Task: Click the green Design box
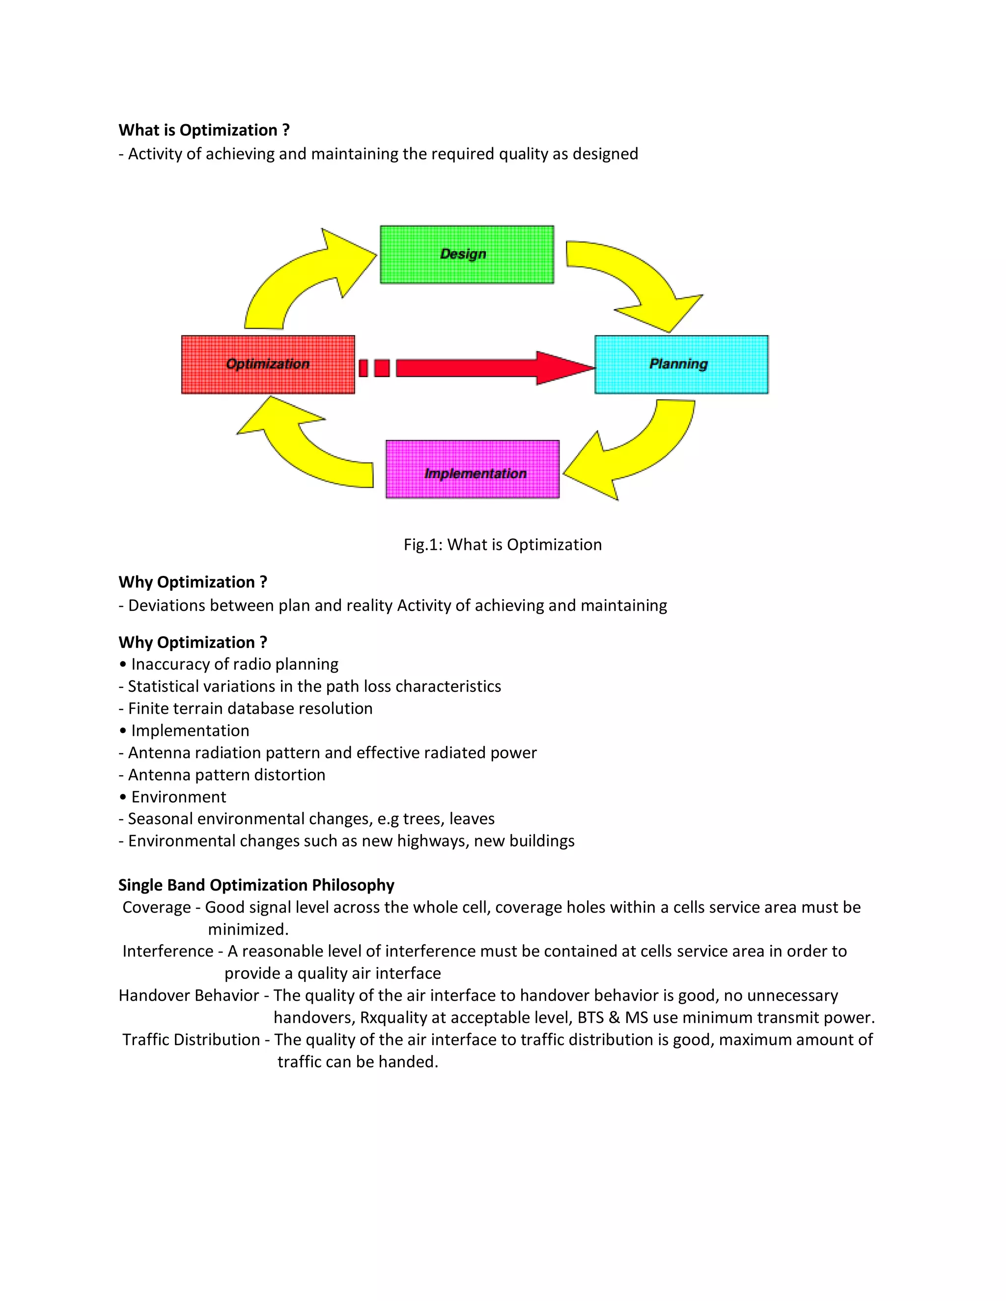(467, 254)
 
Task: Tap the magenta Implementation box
(473, 469)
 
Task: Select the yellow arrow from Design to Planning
(638, 280)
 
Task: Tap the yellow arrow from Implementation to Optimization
(304, 453)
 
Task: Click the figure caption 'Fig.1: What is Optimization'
(503, 544)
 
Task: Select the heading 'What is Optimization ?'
(204, 130)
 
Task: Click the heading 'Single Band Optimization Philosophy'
(256, 885)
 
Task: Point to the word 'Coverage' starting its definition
(156, 907)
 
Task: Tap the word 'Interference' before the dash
(168, 951)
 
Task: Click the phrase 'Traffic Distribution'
(191, 1039)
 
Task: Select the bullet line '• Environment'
(173, 797)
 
